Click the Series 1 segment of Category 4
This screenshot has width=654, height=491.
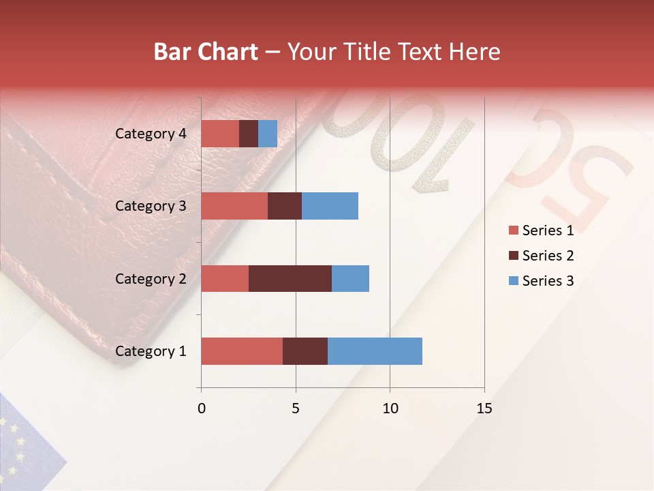click(220, 134)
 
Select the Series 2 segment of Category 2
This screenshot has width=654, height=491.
click(290, 278)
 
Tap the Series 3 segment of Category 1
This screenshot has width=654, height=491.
click(375, 351)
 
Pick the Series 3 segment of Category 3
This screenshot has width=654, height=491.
click(330, 206)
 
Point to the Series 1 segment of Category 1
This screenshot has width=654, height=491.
click(242, 351)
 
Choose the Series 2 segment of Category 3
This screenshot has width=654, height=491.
click(285, 206)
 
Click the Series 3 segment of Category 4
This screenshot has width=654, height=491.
click(268, 134)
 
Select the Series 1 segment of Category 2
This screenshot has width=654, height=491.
click(225, 278)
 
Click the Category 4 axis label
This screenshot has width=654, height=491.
click(151, 134)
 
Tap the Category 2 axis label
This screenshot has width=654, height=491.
click(151, 278)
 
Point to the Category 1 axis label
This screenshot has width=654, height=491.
click(151, 351)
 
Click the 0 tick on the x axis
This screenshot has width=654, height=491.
click(202, 408)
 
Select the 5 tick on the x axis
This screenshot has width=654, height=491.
click(296, 408)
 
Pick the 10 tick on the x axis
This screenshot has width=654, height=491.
click(390, 408)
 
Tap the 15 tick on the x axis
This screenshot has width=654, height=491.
click(484, 408)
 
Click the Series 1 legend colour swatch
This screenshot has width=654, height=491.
click(513, 230)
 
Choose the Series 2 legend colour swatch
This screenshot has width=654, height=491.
click(513, 256)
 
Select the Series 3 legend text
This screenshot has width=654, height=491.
click(548, 281)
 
